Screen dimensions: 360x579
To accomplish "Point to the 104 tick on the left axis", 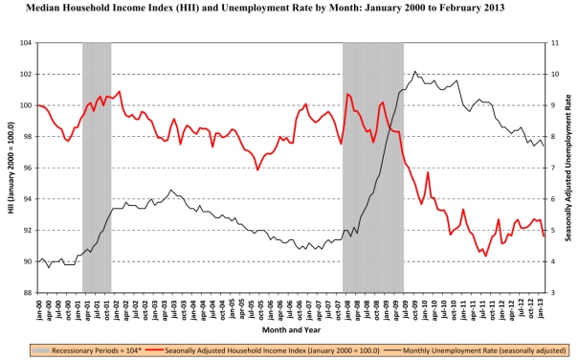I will [25, 44].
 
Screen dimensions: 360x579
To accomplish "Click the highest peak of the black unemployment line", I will [415, 71].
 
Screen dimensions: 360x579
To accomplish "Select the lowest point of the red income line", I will [486, 256].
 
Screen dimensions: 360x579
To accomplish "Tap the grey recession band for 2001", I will [97, 169].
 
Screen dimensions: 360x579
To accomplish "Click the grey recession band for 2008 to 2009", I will [371, 169].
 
